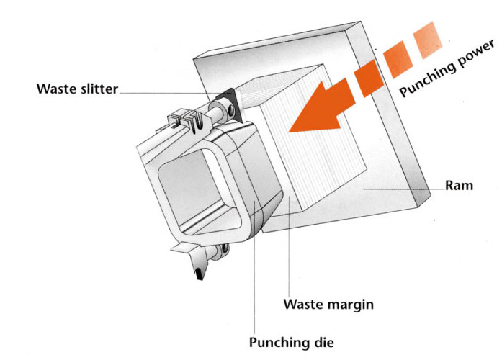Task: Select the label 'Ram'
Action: (x=459, y=186)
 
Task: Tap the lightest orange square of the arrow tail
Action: (x=435, y=33)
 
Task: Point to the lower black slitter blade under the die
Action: (x=198, y=270)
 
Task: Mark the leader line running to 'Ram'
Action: (x=400, y=187)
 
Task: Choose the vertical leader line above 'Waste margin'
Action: (x=288, y=252)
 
